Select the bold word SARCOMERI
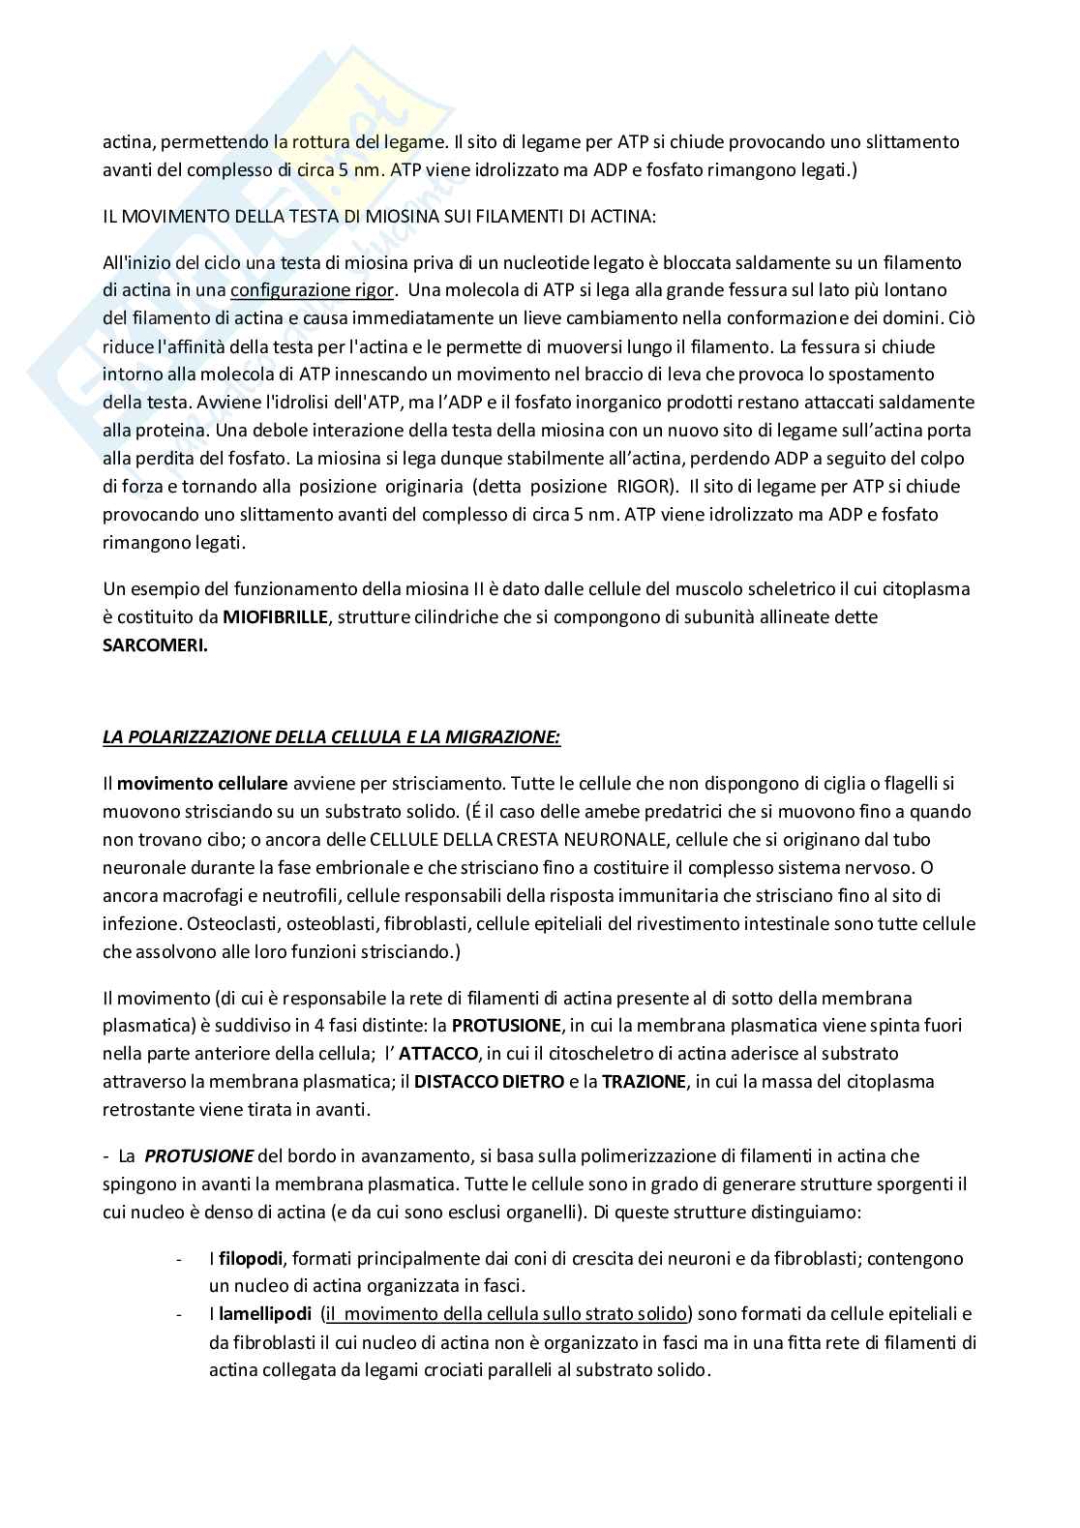155,645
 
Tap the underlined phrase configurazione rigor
313,290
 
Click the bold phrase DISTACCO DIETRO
490,1081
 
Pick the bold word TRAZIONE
645,1081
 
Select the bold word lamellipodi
264,1314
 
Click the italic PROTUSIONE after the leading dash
199,1155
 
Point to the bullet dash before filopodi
178,1259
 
